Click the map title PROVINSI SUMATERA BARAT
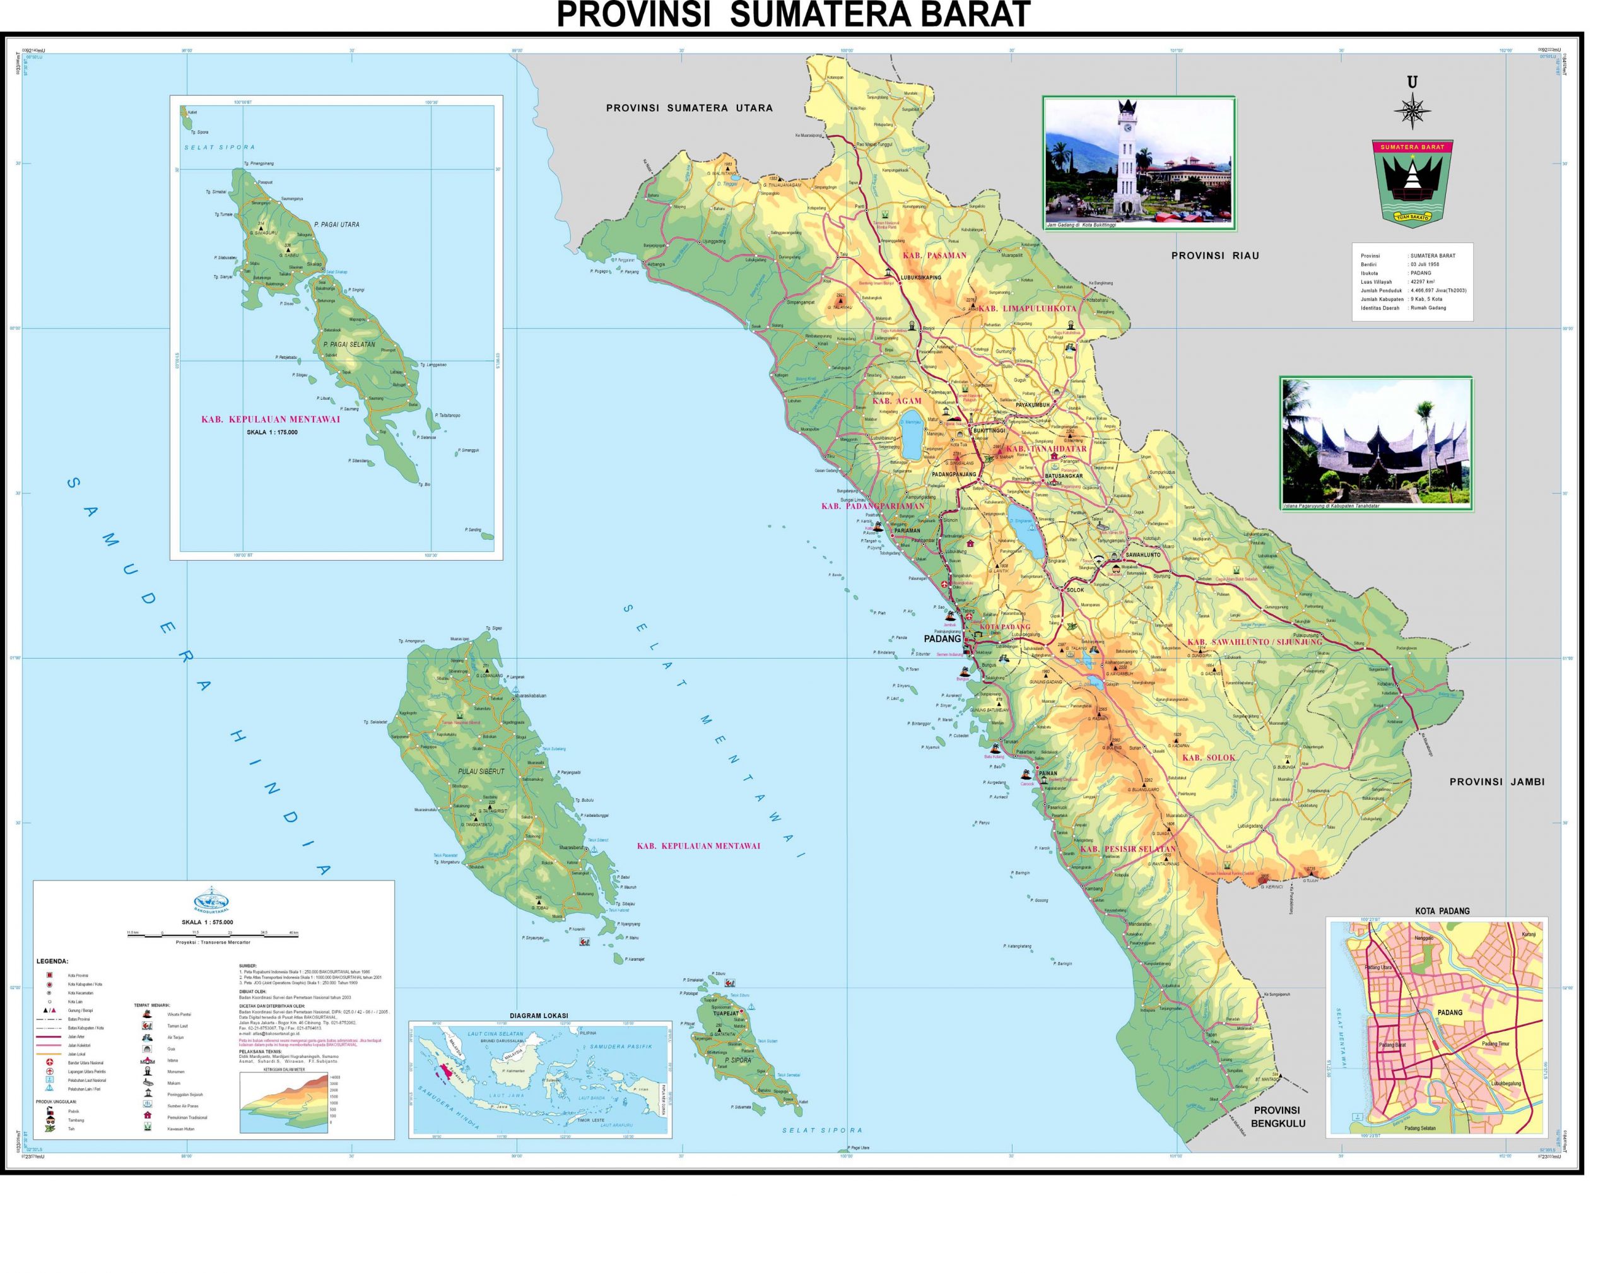(x=793, y=15)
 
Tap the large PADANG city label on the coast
(x=942, y=639)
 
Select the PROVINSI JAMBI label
(x=1496, y=782)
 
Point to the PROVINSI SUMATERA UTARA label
(x=689, y=108)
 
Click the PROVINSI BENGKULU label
(x=1277, y=1117)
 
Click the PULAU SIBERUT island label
(x=481, y=771)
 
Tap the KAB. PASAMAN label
(x=934, y=255)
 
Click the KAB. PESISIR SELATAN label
(x=1127, y=849)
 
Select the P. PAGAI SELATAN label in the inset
(x=349, y=344)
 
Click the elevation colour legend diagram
(x=283, y=1102)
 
